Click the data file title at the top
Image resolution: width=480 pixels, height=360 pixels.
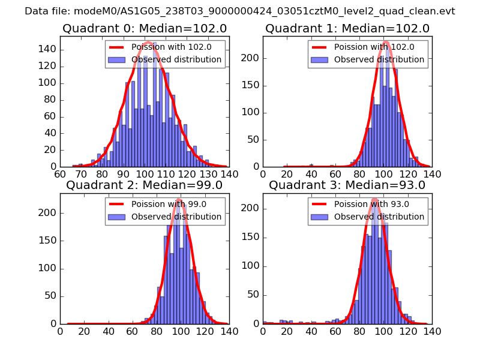pos(240,11)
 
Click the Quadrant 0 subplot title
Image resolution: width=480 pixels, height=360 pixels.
pos(144,28)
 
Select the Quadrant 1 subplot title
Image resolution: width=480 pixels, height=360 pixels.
pos(347,28)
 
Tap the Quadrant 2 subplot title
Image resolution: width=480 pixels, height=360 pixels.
pos(144,185)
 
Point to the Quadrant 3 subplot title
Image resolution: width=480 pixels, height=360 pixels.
pos(347,185)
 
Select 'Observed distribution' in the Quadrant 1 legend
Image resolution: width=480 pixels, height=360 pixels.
pos(379,59)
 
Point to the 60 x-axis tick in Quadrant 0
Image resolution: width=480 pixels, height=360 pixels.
pos(60,174)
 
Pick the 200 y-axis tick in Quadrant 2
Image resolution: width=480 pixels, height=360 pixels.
pos(48,213)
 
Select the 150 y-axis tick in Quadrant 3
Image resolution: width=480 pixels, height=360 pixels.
pos(251,241)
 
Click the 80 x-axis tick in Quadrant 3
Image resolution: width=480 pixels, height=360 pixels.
pos(359,331)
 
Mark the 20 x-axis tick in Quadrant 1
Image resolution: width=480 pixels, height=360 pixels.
pos(287,174)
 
